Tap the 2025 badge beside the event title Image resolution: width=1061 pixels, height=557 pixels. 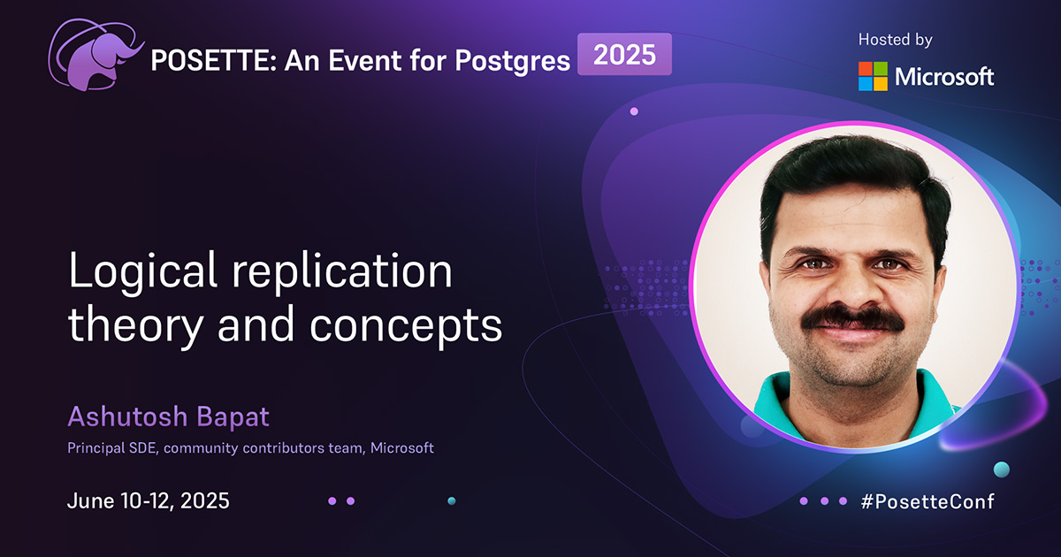coord(624,55)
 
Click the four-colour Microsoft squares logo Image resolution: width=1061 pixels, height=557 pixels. coord(873,76)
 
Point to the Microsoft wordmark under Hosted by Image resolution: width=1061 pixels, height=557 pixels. coord(944,77)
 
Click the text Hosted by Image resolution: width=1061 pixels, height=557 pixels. coord(895,40)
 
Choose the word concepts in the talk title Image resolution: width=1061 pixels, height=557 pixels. coord(406,327)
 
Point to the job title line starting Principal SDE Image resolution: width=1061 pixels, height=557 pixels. coord(250,448)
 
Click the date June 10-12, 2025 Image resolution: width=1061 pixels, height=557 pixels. coord(149,500)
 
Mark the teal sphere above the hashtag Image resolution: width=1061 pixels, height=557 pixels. coord(1001,469)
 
